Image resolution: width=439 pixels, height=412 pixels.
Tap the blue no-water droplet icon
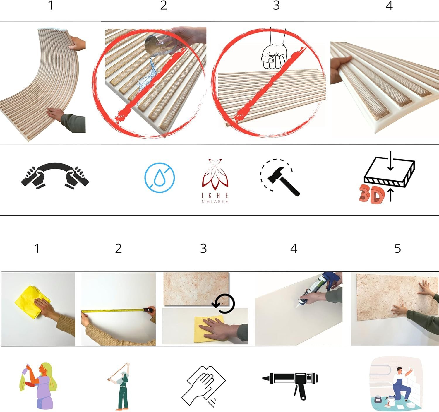pyautogui.click(x=160, y=177)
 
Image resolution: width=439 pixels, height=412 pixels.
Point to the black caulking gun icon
pyautogui.click(x=290, y=381)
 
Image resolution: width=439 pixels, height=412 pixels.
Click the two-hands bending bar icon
pyautogui.click(x=55, y=176)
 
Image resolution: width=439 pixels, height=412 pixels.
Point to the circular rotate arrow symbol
pyautogui.click(x=224, y=304)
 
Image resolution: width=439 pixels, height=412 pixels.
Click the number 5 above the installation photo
pyautogui.click(x=397, y=248)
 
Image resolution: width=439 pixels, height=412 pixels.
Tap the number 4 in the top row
pyautogui.click(x=389, y=6)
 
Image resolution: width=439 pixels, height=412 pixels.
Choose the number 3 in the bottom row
pyautogui.click(x=203, y=248)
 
